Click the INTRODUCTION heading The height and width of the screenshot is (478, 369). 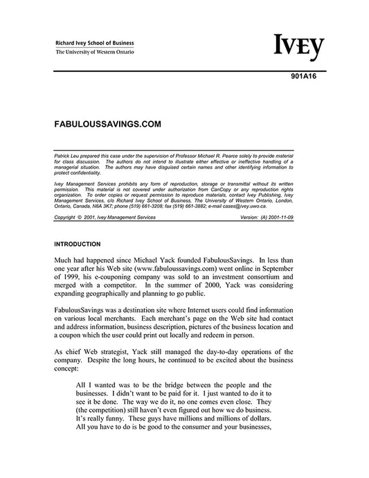tap(80, 245)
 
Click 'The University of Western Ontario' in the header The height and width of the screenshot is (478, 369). tap(95, 53)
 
